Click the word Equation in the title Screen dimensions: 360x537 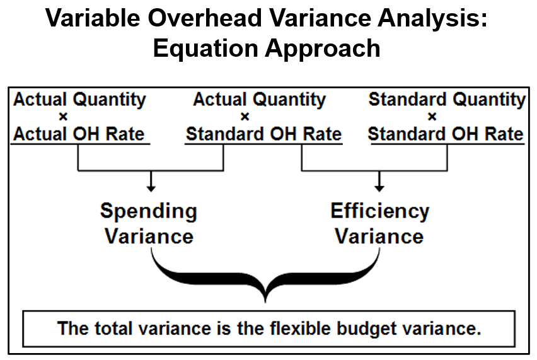[199, 49]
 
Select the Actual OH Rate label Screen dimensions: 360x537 [79, 134]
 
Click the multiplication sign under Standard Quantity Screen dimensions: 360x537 [432, 117]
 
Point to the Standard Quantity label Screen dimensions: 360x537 [447, 100]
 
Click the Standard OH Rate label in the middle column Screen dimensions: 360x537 [263, 134]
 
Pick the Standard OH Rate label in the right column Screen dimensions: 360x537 [446, 134]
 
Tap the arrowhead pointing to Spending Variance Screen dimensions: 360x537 [150, 187]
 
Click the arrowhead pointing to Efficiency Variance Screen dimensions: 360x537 [379, 187]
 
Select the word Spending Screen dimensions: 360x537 [149, 211]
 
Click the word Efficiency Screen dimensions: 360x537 [379, 211]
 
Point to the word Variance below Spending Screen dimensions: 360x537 [149, 236]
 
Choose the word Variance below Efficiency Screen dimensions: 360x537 [379, 236]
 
